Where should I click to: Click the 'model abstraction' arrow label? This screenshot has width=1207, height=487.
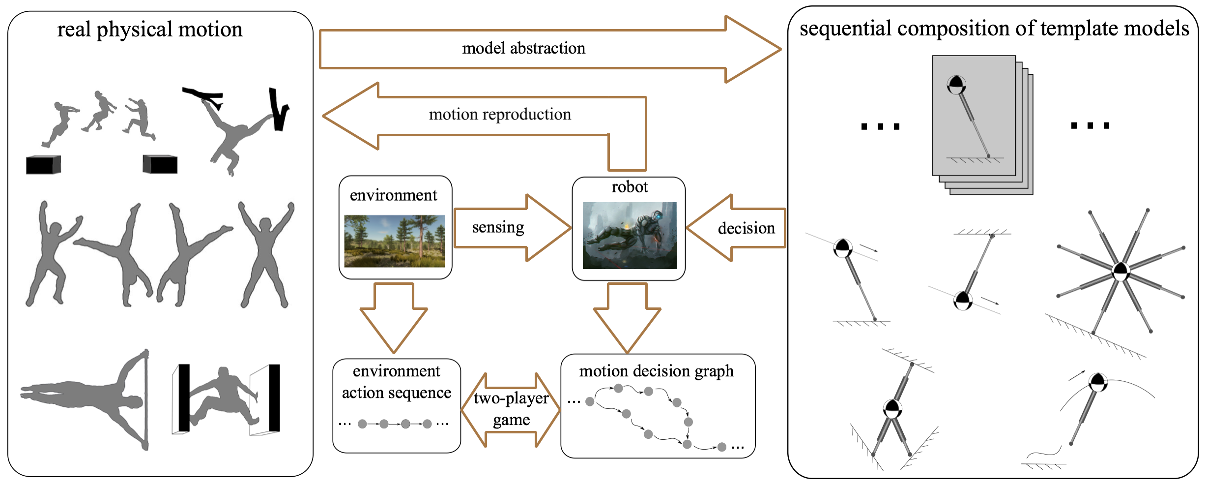coord(523,48)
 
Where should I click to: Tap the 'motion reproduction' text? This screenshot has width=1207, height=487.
coord(500,115)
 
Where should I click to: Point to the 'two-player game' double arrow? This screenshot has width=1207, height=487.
coord(511,409)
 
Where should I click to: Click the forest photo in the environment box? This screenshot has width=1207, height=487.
coord(394,241)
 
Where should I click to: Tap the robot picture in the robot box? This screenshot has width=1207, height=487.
coord(630,236)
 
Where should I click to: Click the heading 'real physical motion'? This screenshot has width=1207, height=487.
coord(150,30)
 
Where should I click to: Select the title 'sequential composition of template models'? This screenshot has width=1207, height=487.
coord(994,29)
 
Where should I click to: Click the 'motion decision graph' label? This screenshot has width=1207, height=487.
coord(656,371)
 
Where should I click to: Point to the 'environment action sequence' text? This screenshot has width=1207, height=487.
coord(396,382)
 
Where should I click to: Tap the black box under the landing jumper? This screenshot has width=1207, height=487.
coord(160,164)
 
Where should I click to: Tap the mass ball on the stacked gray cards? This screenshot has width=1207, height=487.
coord(956,85)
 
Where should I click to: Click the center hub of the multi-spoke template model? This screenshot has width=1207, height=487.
coord(1121,271)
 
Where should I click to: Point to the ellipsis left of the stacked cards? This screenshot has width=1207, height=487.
coord(880,126)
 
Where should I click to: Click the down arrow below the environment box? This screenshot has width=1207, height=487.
coord(394,317)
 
